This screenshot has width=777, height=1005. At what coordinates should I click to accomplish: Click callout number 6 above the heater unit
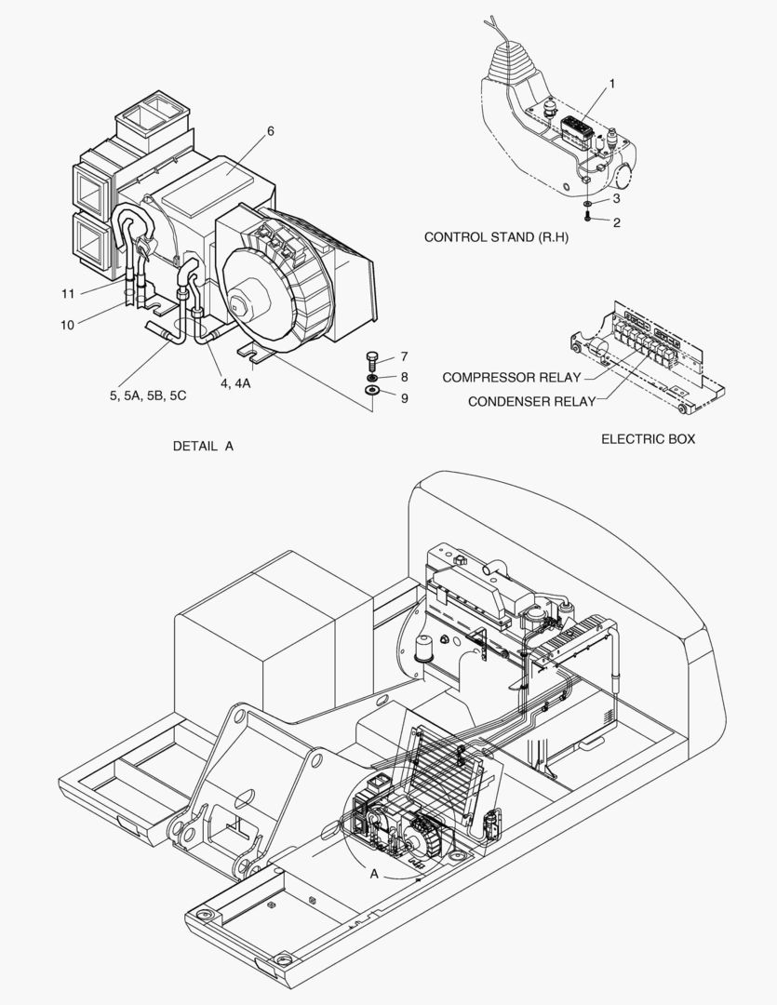pos(270,131)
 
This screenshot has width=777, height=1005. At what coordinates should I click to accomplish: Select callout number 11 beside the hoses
pos(68,293)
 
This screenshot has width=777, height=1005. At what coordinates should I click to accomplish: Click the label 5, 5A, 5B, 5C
pos(148,395)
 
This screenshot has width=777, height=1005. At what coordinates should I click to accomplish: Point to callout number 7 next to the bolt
pos(404,356)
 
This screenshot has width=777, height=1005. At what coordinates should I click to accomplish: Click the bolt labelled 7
pos(372,358)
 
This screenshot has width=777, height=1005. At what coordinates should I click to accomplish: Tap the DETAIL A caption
pos(203,447)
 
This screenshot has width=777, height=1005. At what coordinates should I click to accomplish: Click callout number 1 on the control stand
pos(611,84)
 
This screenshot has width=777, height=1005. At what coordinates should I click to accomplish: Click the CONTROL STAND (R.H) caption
pos(496,237)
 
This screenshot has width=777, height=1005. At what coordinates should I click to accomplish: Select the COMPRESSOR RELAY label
pos(511,378)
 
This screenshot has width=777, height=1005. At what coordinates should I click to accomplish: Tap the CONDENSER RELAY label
pos(531,402)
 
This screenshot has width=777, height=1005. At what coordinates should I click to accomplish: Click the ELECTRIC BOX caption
pos(648,439)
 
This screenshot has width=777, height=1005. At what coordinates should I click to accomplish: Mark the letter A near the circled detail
pos(374,874)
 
